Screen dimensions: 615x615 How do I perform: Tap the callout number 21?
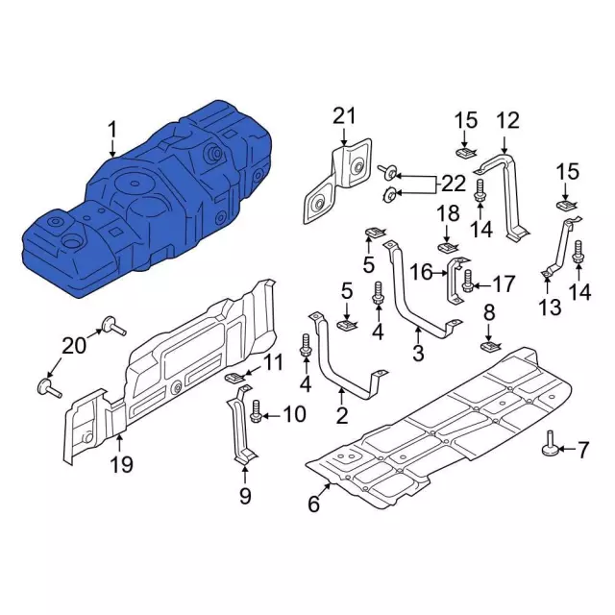344,116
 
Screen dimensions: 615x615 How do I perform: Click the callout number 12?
507,120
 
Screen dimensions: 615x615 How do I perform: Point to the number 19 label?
121,465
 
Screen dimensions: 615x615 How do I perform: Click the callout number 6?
314,504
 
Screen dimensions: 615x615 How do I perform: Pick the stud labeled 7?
552,445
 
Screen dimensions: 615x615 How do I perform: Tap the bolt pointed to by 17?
468,281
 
